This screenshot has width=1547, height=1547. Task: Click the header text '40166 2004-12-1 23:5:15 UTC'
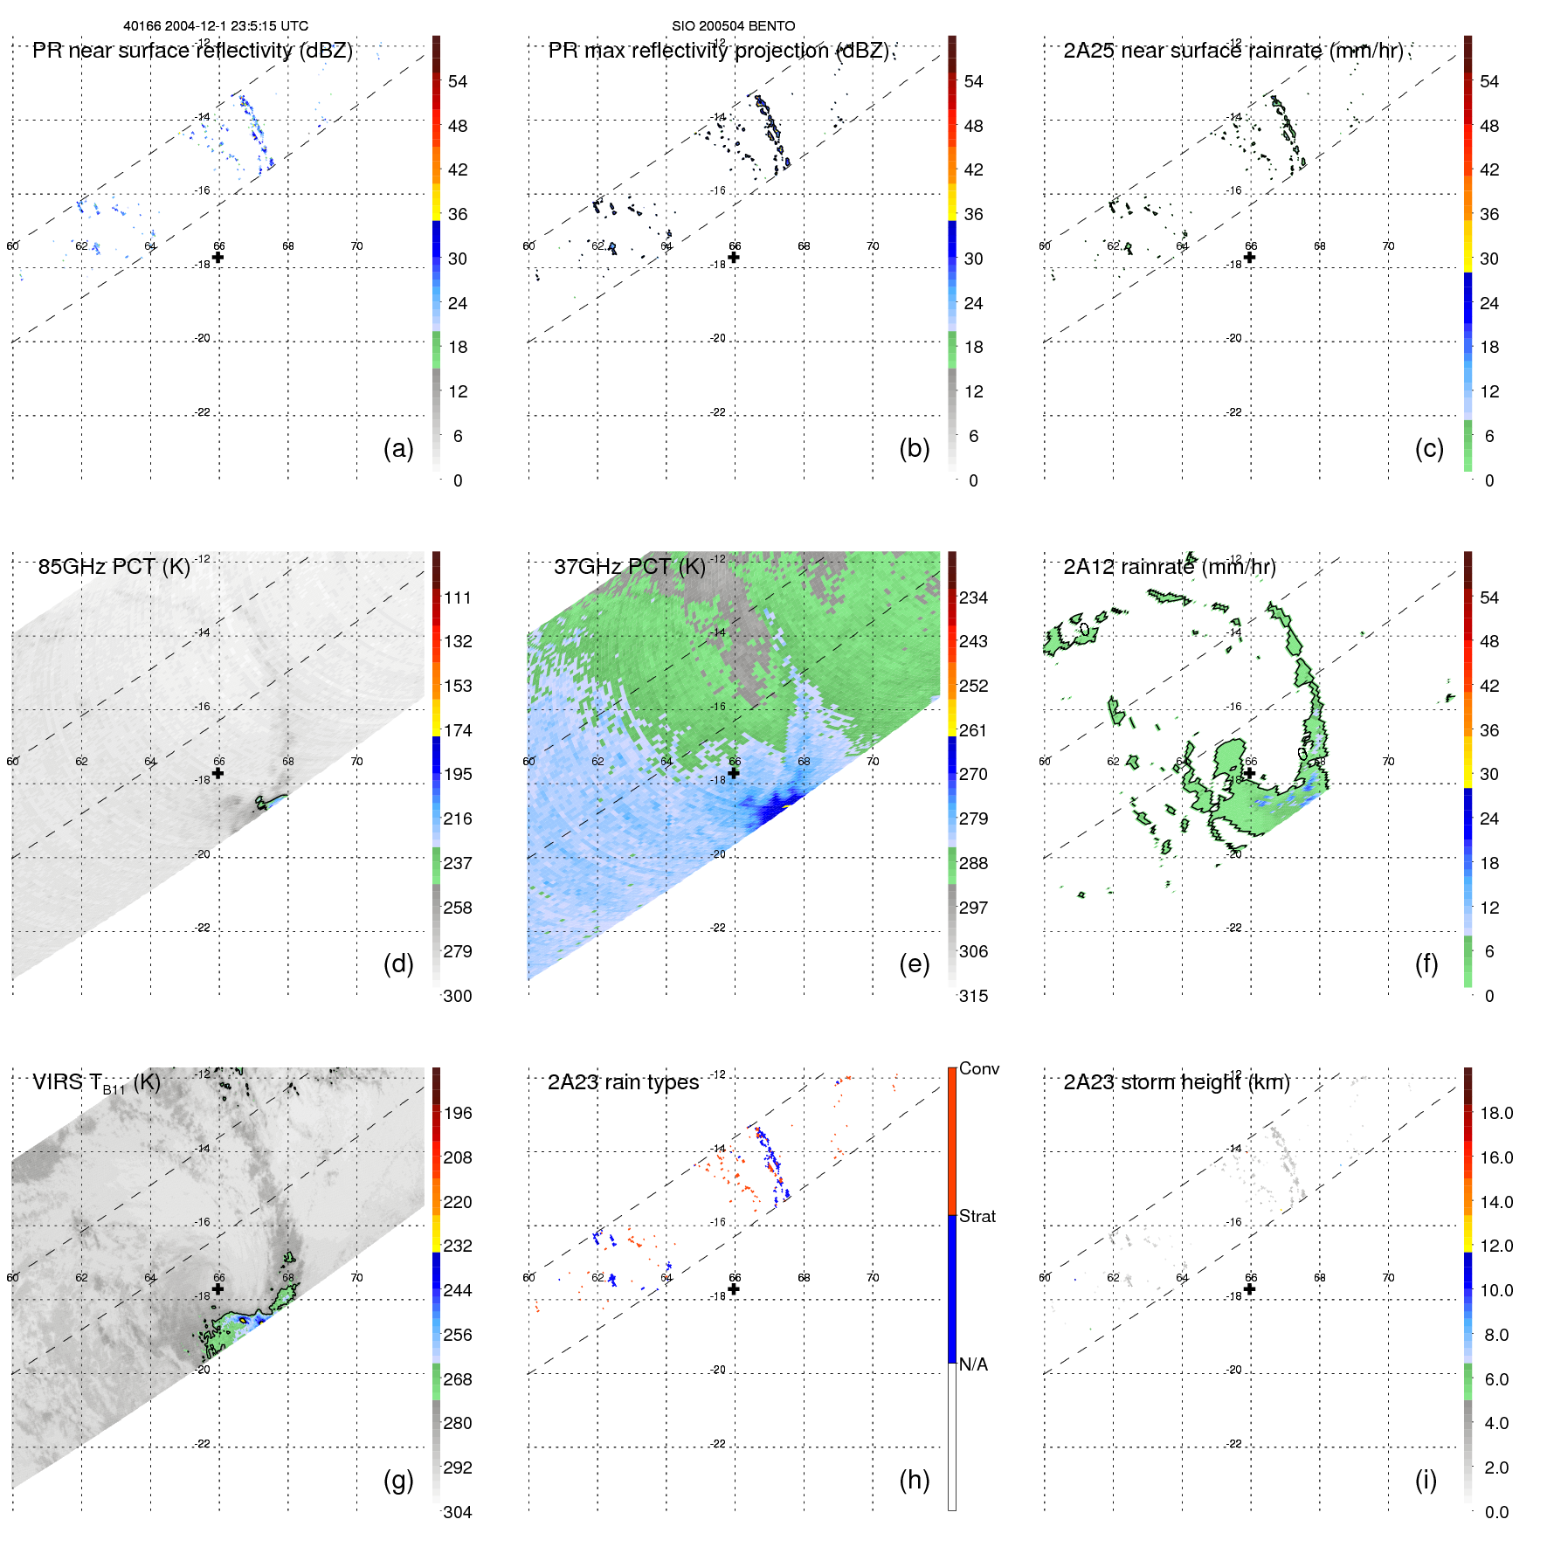click(x=215, y=26)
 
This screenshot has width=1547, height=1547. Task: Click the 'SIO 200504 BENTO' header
click(x=733, y=26)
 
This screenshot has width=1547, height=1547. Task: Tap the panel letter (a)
click(x=398, y=448)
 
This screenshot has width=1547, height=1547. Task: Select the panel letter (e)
click(x=914, y=963)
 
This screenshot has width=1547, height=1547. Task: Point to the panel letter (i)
click(x=1426, y=1480)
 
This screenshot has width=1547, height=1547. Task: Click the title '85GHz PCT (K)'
click(x=114, y=567)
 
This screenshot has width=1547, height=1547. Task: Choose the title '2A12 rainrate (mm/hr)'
click(x=1170, y=567)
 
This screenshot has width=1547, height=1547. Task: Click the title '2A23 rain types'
click(x=623, y=1082)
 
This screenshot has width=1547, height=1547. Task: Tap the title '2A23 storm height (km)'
click(x=1177, y=1082)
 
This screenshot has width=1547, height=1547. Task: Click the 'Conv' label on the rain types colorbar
click(x=978, y=1068)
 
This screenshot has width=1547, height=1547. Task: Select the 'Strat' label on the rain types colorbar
click(x=977, y=1216)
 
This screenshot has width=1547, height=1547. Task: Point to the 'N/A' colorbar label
click(x=973, y=1364)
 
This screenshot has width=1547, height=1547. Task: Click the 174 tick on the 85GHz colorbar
click(x=458, y=730)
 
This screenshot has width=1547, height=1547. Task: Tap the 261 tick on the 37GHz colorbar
click(x=973, y=730)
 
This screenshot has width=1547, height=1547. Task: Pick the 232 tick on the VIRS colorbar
click(x=458, y=1246)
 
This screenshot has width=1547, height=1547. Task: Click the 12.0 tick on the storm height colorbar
click(x=1495, y=1246)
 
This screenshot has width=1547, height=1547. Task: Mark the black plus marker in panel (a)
click(x=218, y=258)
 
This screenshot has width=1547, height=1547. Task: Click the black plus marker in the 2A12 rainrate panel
click(x=1249, y=773)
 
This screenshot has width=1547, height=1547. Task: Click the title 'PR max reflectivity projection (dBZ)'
click(x=718, y=51)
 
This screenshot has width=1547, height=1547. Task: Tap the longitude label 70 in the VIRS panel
click(x=356, y=1277)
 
